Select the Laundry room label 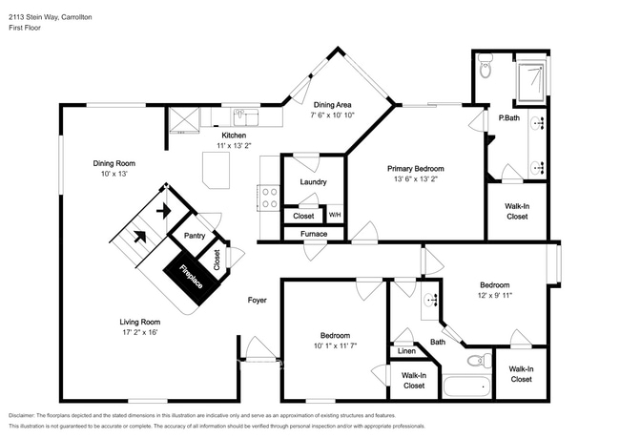click(314, 181)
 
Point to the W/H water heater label click(335, 216)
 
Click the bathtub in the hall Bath click(468, 387)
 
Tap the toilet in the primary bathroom click(485, 69)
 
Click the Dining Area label click(333, 104)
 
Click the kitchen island click(217, 172)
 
